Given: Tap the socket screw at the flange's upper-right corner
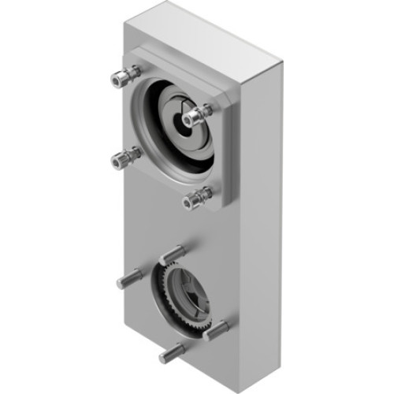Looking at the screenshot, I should click(x=192, y=117).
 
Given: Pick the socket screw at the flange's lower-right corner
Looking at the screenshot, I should click(x=191, y=203).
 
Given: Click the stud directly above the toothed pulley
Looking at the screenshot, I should click(x=175, y=251).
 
